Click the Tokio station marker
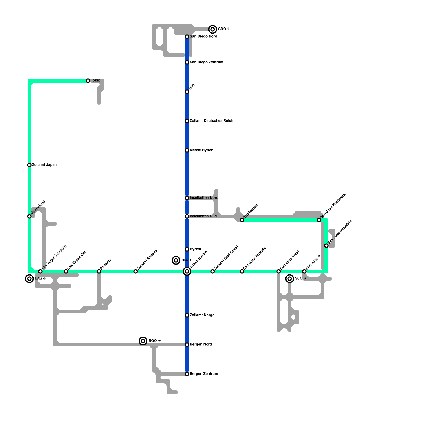click(88, 81)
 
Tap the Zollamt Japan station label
click(44, 165)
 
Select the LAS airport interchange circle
click(29, 279)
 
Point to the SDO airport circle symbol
click(213, 29)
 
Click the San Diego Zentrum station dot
click(187, 62)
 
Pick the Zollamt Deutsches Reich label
click(211, 121)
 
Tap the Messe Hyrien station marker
click(187, 150)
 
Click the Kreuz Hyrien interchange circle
click(187, 271)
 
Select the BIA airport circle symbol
click(176, 260)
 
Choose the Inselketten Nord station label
click(204, 198)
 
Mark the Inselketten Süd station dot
click(187, 216)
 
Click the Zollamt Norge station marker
click(187, 315)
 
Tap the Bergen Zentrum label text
click(204, 374)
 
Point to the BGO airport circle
click(143, 341)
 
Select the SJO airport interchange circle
click(290, 279)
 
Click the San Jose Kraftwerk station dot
click(319, 220)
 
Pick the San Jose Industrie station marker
click(326, 246)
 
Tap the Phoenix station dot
click(99, 271)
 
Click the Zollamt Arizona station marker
click(136, 271)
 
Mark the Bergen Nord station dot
click(187, 345)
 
